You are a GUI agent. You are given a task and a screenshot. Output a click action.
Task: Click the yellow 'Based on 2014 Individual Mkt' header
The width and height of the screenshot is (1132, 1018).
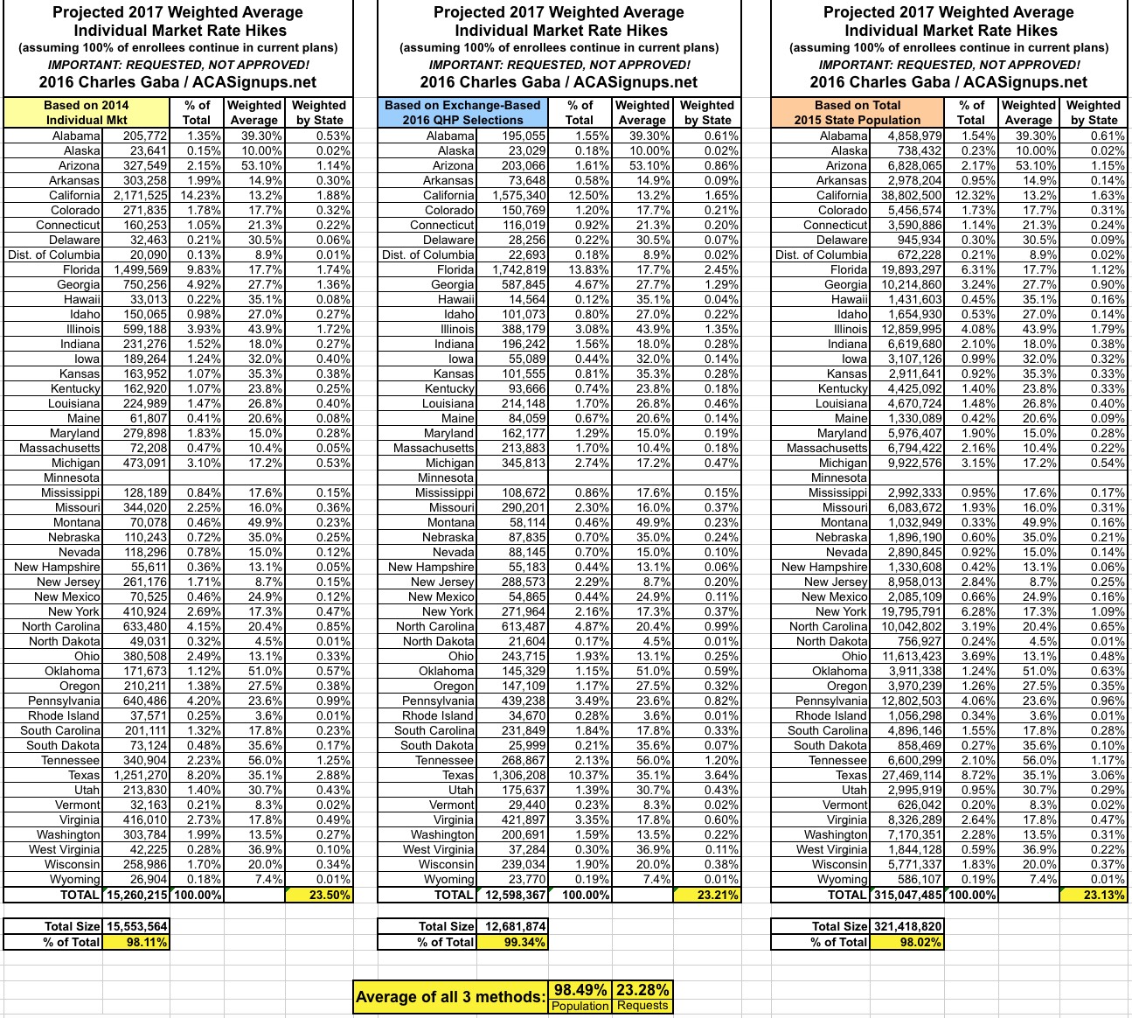[87, 112]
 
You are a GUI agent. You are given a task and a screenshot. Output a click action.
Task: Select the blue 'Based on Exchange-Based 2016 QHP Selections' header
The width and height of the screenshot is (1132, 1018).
[462, 112]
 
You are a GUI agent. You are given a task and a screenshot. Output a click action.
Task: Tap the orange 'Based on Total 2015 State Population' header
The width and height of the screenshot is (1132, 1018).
[857, 112]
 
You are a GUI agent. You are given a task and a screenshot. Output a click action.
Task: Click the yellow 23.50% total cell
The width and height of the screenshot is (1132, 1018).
[319, 895]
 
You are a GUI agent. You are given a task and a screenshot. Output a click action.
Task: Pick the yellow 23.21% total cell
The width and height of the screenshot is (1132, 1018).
[707, 895]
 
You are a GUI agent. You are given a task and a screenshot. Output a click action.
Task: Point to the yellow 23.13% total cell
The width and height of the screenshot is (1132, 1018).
[1093, 895]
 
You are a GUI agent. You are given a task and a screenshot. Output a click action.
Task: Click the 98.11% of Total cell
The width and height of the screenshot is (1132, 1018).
[136, 942]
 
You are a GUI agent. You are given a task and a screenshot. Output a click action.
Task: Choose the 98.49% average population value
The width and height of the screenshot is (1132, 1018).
[581, 990]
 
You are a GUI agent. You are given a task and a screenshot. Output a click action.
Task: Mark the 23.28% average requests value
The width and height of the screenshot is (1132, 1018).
[642, 990]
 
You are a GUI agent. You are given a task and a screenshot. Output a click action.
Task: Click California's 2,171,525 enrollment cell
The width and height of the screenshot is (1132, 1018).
[138, 195]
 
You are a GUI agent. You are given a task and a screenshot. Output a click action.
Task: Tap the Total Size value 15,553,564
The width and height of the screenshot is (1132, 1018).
[136, 926]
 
